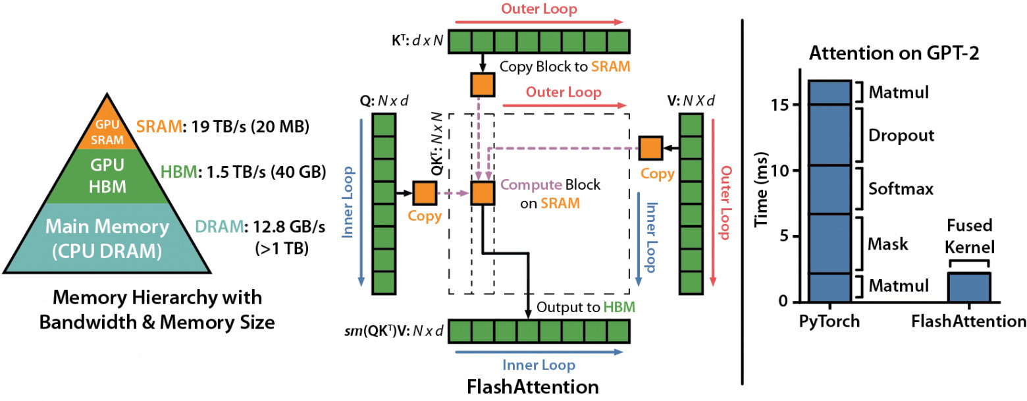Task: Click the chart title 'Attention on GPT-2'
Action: click(895, 54)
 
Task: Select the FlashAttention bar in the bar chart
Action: click(968, 288)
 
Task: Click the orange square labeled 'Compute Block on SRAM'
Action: click(483, 193)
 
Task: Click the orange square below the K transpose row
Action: click(483, 84)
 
